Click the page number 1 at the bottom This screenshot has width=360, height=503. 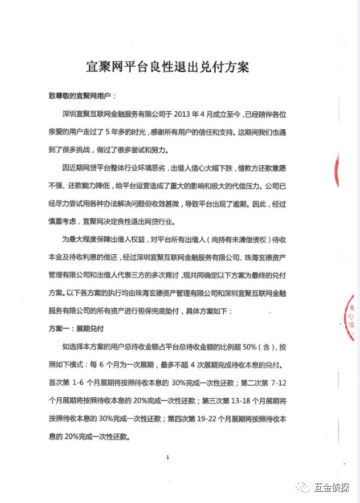(x=167, y=458)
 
